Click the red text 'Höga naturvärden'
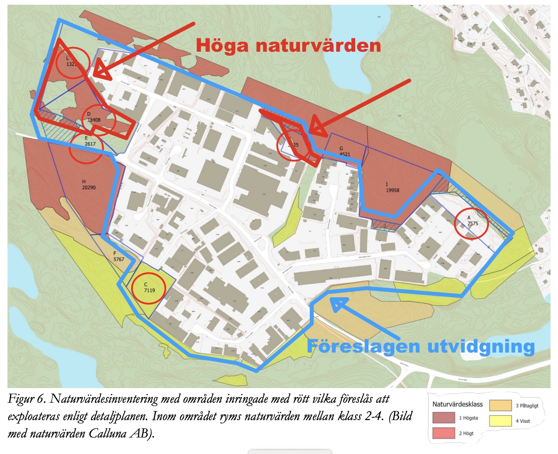click(288, 45)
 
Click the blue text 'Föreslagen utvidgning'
click(421, 347)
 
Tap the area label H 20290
click(88, 185)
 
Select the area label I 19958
click(392, 188)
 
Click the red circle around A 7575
click(471, 223)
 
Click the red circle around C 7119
click(148, 287)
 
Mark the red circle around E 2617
click(86, 147)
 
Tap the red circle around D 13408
click(98, 120)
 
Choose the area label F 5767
click(118, 257)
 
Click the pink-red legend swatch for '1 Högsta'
click(444, 418)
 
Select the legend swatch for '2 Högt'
click(444, 433)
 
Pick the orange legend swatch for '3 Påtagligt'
click(500, 405)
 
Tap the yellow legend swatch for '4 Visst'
click(500, 421)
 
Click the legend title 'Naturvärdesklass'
click(457, 404)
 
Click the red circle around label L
click(73, 62)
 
